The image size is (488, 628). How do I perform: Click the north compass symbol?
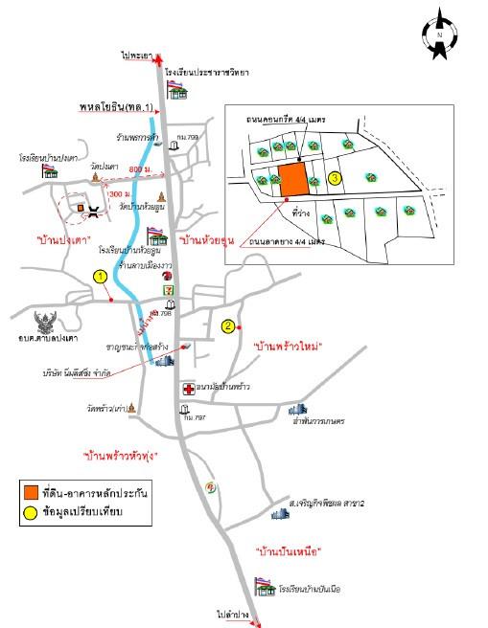coord(438,34)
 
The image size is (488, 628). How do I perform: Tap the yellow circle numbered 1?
coord(99,277)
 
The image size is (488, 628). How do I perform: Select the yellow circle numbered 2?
coord(228,325)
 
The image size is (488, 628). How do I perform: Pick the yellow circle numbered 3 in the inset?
coord(334,178)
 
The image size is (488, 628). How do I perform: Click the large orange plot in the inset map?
coord(293,179)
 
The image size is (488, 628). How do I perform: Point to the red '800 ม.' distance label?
coord(141,169)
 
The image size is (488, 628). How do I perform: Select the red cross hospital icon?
coord(188,390)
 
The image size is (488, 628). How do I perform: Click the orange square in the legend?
coord(32,492)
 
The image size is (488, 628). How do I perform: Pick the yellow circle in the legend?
coord(32,512)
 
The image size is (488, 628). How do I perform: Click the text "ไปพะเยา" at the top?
coord(139,57)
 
